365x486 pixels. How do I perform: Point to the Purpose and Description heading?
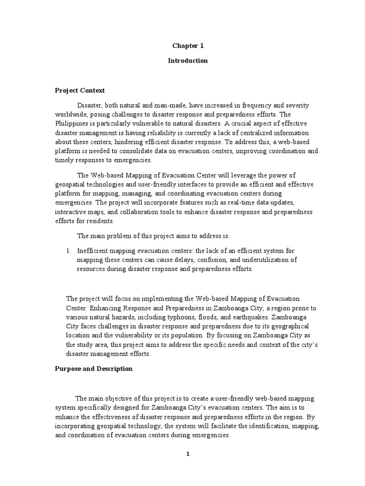(x=94, y=369)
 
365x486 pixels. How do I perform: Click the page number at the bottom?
(x=188, y=454)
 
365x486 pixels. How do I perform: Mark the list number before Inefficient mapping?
(x=68, y=251)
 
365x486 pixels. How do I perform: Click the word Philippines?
(x=76, y=123)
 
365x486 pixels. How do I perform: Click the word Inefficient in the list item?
(x=94, y=251)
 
